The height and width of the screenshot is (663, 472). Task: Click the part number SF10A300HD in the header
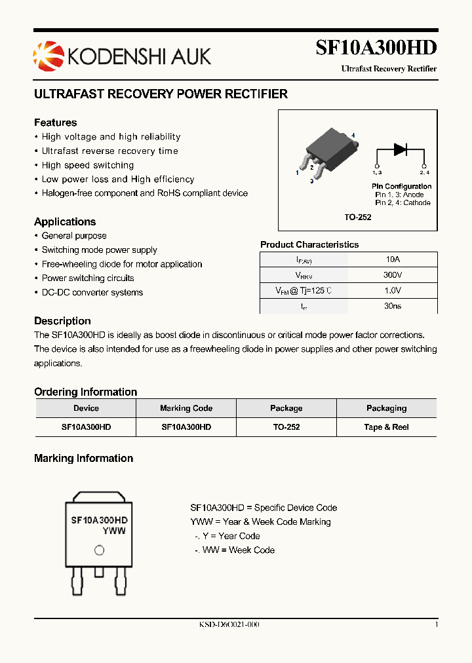click(376, 48)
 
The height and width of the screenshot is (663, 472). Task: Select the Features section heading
click(55, 123)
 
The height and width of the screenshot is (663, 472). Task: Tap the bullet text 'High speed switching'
click(88, 165)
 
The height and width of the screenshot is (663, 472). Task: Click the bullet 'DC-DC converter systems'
click(92, 292)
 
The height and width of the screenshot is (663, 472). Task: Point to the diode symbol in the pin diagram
click(401, 149)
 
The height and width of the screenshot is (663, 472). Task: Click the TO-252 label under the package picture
click(358, 217)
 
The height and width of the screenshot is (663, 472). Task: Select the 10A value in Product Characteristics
click(392, 259)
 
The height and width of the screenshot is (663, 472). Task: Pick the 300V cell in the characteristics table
click(392, 275)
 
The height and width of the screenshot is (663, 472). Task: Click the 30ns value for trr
click(392, 306)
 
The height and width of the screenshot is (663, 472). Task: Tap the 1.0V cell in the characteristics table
click(392, 290)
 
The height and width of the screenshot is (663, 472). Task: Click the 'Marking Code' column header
click(186, 408)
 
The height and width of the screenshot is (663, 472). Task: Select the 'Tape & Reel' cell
click(386, 426)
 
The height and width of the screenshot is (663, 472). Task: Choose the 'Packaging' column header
click(386, 408)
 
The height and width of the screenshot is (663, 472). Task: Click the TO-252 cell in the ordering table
click(286, 426)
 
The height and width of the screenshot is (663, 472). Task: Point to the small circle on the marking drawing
click(99, 550)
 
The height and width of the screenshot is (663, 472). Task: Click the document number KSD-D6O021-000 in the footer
click(229, 624)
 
